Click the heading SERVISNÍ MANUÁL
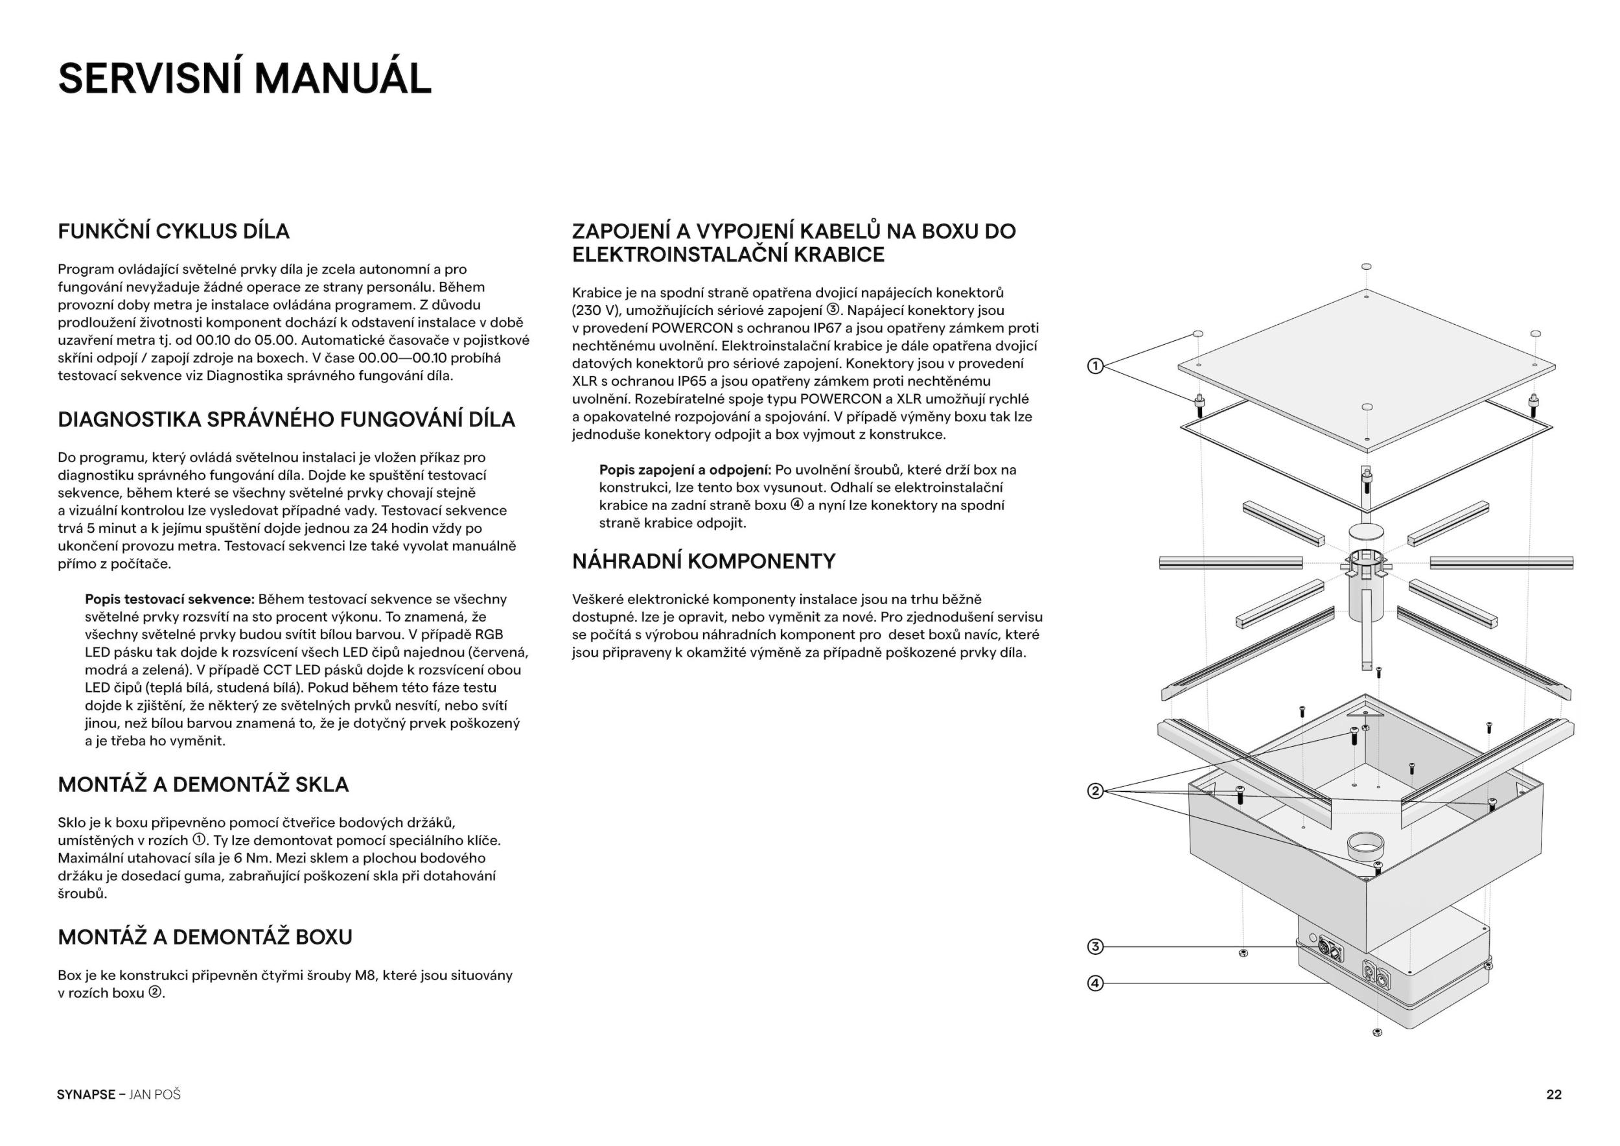tap(244, 78)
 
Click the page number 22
tap(1554, 1095)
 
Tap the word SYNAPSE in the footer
tap(86, 1095)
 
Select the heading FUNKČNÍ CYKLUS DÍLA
tap(174, 231)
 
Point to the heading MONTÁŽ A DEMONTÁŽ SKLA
tap(203, 785)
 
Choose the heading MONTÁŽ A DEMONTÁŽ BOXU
tap(205, 937)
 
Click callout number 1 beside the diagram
tap(1094, 366)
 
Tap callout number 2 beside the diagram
tap(1094, 791)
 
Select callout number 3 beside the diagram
tap(1094, 947)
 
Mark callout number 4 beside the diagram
tap(1094, 983)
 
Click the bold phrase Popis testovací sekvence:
tap(169, 599)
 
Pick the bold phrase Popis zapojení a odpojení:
tap(684, 470)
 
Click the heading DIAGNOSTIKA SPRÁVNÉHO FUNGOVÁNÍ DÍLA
tap(286, 419)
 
